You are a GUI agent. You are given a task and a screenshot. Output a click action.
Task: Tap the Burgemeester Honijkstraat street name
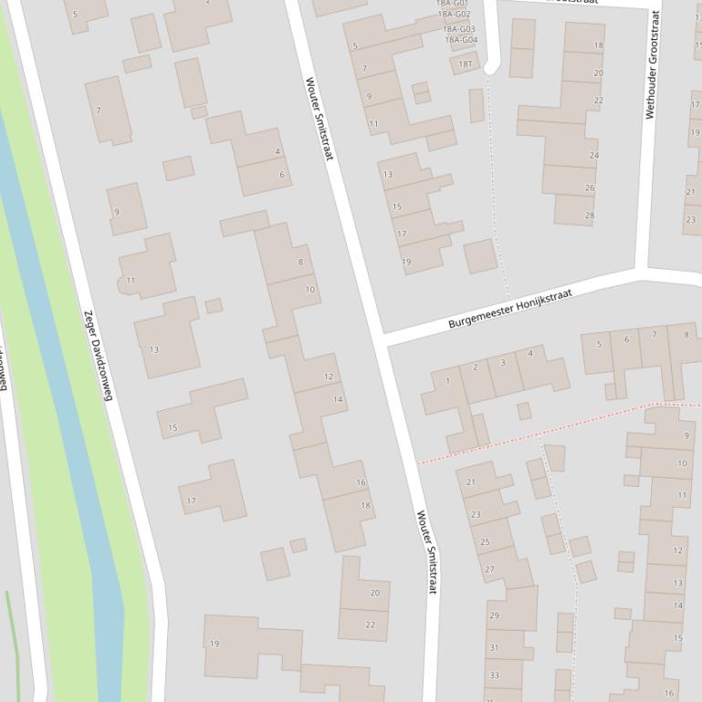(x=503, y=308)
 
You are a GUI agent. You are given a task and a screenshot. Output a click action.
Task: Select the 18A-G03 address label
(x=459, y=29)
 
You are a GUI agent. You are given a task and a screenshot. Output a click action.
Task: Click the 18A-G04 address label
(x=461, y=40)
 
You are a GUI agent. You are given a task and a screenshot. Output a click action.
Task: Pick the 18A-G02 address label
(x=454, y=15)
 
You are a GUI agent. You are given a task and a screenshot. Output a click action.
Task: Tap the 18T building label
(x=466, y=64)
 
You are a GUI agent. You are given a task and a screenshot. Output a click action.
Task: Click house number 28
(x=590, y=216)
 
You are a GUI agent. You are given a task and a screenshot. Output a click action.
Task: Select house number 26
(x=590, y=189)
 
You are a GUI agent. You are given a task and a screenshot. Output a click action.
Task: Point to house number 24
(x=594, y=156)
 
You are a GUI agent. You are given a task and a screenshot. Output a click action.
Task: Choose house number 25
(x=485, y=542)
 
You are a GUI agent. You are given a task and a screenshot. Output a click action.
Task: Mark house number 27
(x=489, y=570)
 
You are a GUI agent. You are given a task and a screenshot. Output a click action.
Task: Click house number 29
(x=494, y=616)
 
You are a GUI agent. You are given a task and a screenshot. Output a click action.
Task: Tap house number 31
(x=494, y=648)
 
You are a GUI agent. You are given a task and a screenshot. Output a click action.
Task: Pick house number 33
(x=494, y=676)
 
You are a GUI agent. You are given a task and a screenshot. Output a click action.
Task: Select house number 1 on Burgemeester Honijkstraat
(x=448, y=381)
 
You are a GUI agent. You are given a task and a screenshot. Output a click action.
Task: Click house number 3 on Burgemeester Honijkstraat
(x=503, y=364)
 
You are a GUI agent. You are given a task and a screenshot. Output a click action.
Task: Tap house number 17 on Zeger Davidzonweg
(x=191, y=501)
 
